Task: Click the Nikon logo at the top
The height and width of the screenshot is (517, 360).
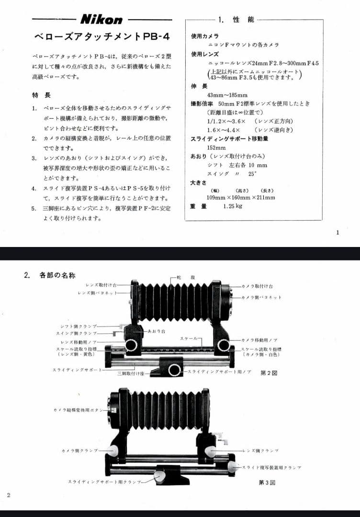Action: tap(101, 20)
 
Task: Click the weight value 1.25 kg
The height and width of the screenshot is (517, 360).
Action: tap(233, 206)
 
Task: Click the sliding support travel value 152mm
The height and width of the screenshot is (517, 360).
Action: tap(216, 147)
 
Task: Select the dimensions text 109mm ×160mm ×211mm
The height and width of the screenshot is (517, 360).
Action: tap(241, 197)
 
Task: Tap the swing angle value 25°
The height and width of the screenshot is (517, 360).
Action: tap(252, 174)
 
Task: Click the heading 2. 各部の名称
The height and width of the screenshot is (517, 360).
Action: tap(50, 275)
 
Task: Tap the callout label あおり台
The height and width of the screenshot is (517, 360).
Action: tap(155, 331)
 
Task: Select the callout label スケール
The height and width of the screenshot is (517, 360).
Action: tap(189, 338)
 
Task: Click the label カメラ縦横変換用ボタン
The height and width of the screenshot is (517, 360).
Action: tap(79, 410)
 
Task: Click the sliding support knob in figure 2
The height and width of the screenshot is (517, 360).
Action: tap(174, 370)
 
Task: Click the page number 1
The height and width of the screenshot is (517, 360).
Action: tap(337, 233)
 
